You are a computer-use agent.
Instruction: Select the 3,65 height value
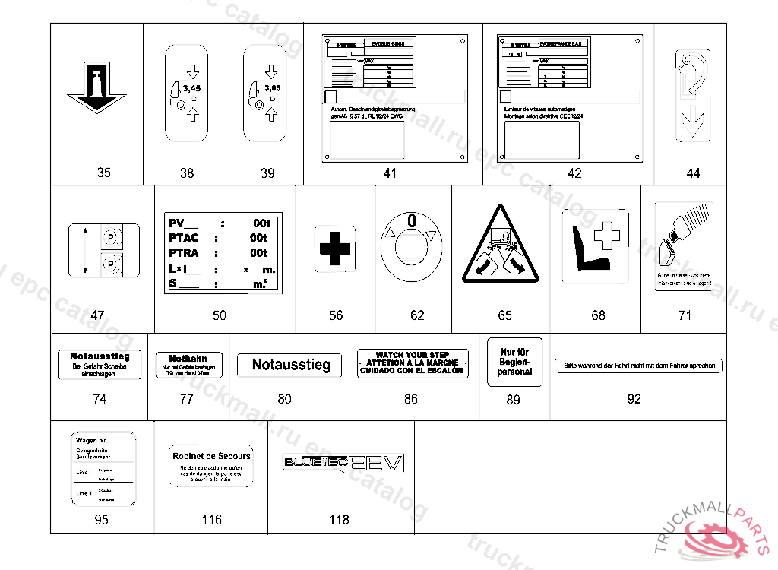click(272, 88)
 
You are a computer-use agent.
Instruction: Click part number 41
click(390, 173)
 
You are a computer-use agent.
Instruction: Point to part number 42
click(574, 173)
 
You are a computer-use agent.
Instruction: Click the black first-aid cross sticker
click(334, 249)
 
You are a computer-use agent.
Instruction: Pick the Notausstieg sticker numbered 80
click(292, 365)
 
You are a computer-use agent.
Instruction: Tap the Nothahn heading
click(188, 359)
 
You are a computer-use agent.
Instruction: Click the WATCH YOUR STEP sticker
click(413, 363)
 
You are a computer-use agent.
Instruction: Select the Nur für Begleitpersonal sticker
click(514, 363)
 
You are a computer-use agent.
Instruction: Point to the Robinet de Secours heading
click(211, 456)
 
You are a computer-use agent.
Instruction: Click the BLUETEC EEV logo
click(343, 462)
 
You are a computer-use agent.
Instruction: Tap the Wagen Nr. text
click(91, 440)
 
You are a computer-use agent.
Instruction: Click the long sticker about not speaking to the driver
click(638, 366)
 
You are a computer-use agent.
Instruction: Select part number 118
click(339, 520)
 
